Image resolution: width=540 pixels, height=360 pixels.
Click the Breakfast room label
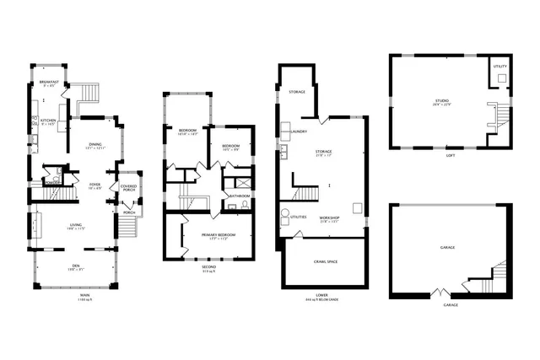pyautogui.click(x=50, y=83)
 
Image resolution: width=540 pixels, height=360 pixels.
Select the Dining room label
pyautogui.click(x=94, y=146)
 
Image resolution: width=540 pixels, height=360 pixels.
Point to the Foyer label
pyautogui.click(x=95, y=185)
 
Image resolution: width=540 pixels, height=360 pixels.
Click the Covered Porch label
pyautogui.click(x=128, y=188)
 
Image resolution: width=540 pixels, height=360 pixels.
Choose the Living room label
pyautogui.click(x=76, y=226)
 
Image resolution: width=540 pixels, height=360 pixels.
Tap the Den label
pyautogui.click(x=76, y=268)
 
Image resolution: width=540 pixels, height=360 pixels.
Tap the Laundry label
pyautogui.click(x=297, y=132)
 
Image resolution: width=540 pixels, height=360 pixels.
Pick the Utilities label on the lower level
pyautogui.click(x=299, y=218)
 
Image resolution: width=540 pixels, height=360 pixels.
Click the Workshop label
pyautogui.click(x=329, y=218)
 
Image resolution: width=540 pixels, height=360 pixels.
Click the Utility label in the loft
pyautogui.click(x=500, y=66)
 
